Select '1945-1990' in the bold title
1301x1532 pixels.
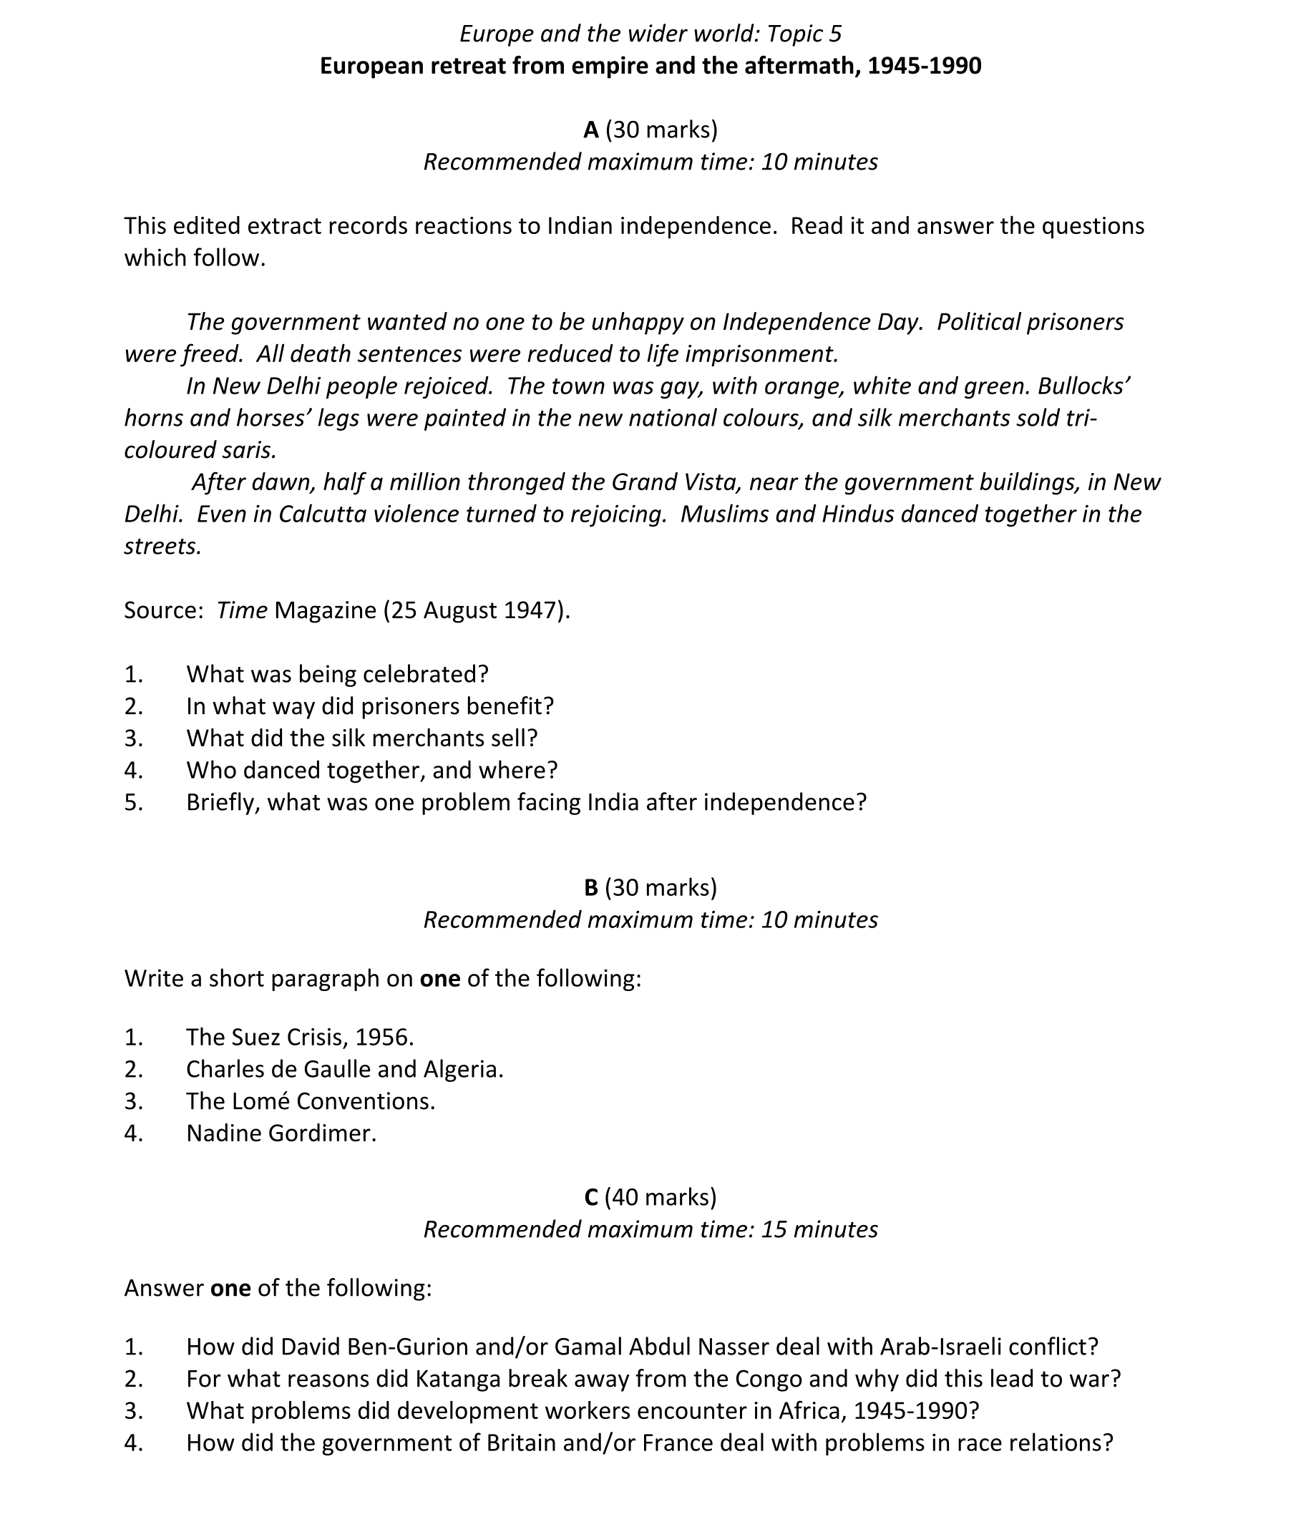click(x=924, y=67)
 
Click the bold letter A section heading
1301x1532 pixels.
click(x=591, y=130)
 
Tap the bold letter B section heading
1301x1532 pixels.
click(x=591, y=887)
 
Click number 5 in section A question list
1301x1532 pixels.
click(x=134, y=803)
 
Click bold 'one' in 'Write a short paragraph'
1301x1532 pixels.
click(x=439, y=979)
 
